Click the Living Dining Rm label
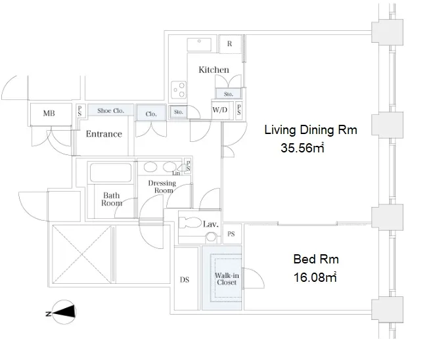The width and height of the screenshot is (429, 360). coord(311,129)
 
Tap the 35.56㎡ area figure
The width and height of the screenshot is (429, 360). coord(302,148)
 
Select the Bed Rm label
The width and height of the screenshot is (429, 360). coord(316,259)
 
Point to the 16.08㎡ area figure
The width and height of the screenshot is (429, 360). coord(315,277)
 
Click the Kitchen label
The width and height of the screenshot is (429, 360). coord(214,70)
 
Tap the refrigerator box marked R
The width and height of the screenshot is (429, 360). coord(230,44)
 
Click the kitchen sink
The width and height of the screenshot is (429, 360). coord(199,45)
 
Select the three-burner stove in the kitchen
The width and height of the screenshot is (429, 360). coord(179,90)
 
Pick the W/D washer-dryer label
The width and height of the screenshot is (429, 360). coord(219,110)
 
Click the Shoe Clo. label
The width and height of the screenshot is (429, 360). coord(111,110)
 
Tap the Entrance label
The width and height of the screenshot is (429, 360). coord(104,134)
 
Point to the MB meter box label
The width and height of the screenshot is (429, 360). coord(49,113)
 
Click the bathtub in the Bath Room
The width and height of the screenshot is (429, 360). coord(110,172)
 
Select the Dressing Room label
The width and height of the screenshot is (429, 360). coord(162,187)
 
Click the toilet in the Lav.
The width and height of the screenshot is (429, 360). coord(190,223)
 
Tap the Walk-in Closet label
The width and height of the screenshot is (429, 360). coord(227,279)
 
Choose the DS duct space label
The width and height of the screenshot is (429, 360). coord(185,280)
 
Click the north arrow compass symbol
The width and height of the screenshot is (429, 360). coord(64,312)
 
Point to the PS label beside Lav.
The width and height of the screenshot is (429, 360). coord(231,234)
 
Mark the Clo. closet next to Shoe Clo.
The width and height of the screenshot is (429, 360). coord(151,113)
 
